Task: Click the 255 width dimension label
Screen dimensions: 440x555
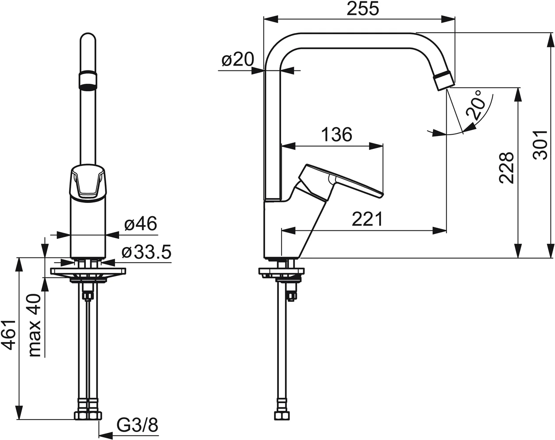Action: point(362,8)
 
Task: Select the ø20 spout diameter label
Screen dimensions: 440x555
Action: point(237,59)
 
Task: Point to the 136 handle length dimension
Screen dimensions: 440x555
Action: point(336,134)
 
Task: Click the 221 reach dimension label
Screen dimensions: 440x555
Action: point(367,218)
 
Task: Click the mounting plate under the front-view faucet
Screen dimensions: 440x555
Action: point(88,271)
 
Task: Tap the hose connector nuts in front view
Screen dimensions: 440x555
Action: point(88,415)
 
